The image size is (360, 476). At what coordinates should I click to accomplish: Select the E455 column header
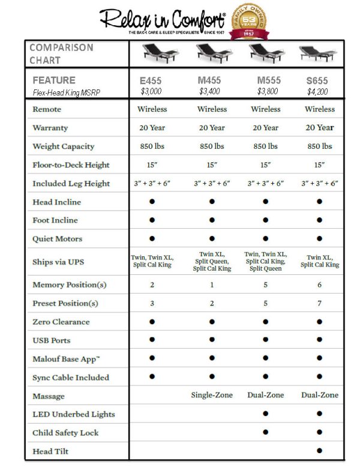tap(152, 80)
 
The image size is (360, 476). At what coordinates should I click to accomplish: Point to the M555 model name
tap(265, 80)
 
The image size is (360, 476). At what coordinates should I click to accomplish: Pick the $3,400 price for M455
tap(212, 92)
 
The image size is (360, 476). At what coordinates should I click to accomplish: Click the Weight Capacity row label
tap(63, 146)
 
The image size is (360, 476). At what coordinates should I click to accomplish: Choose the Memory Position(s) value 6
tap(319, 285)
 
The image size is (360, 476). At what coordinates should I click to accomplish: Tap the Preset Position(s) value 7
tap(319, 304)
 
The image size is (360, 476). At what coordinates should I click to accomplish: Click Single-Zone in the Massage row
tap(212, 396)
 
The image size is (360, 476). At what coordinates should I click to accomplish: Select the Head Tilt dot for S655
tap(319, 451)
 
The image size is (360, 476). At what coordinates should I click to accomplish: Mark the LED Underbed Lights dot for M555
tap(265, 414)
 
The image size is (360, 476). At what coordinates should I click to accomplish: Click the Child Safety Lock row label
tap(65, 433)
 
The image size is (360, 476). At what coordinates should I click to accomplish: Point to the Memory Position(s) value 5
tap(265, 285)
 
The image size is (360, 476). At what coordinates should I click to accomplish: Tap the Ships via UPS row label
tap(58, 262)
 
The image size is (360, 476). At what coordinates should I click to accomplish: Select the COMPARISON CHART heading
tap(61, 54)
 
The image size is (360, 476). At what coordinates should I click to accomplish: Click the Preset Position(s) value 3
tap(152, 304)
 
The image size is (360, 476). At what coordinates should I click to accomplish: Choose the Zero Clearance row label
tap(61, 322)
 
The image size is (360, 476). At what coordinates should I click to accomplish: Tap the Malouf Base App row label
tap(67, 359)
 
